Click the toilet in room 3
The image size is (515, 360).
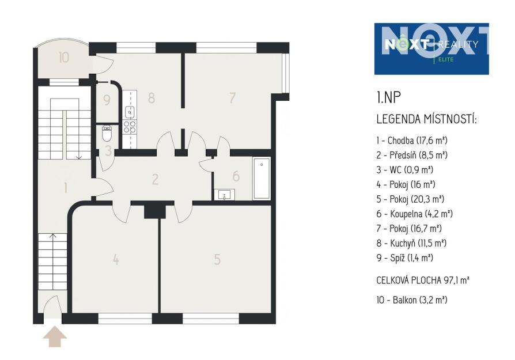click(x=107, y=134)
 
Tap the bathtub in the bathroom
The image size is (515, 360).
click(x=262, y=179)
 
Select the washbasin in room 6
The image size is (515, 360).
click(x=225, y=195)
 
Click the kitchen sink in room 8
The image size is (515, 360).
click(x=130, y=112)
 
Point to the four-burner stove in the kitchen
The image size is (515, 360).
click(x=130, y=127)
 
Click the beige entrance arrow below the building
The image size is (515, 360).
click(x=55, y=336)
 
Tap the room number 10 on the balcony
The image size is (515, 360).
click(x=64, y=58)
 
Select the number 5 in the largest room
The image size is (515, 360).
click(x=217, y=260)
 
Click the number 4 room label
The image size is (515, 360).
click(x=116, y=260)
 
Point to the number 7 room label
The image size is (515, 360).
click(x=232, y=97)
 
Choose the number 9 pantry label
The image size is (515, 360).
click(x=107, y=100)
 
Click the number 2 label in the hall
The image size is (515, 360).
click(x=155, y=179)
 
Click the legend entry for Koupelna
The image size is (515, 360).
click(x=415, y=214)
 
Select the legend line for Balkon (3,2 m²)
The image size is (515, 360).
click(x=412, y=300)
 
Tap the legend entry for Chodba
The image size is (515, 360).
click(x=412, y=141)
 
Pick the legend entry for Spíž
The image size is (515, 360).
click(x=404, y=258)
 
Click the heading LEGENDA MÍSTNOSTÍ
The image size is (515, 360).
click(x=426, y=119)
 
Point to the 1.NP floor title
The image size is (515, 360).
click(x=388, y=97)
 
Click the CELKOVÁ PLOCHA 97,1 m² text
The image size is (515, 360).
click(x=423, y=281)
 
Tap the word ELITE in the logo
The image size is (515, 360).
click(x=446, y=59)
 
